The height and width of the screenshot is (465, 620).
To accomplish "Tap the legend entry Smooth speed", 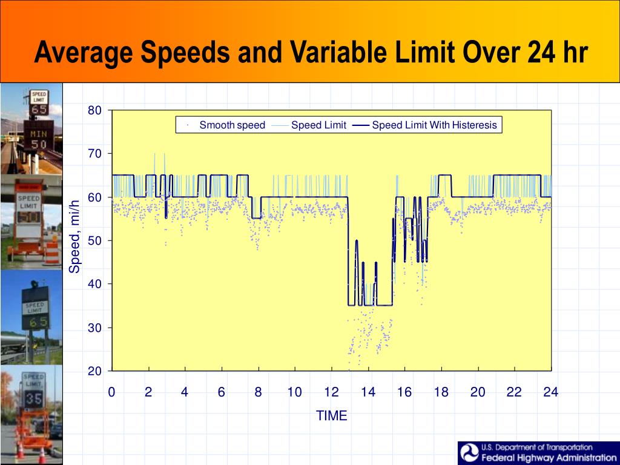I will click(x=232, y=125).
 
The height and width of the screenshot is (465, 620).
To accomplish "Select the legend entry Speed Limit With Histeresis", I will click(x=434, y=125).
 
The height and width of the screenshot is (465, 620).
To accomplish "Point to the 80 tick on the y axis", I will click(x=95, y=110).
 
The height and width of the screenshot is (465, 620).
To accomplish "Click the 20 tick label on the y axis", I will click(x=95, y=371).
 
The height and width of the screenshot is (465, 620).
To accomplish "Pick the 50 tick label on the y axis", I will click(x=95, y=241).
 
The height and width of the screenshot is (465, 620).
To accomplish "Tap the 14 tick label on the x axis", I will click(x=368, y=392).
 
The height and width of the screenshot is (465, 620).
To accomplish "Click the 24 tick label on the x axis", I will click(x=550, y=392).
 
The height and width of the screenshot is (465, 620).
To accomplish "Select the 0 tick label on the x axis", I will click(x=112, y=392).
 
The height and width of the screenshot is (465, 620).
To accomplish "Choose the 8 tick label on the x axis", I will click(x=258, y=392).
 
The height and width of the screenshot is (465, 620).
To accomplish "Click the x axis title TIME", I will click(x=332, y=416).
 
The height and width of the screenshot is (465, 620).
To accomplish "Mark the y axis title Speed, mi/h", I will click(x=74, y=236).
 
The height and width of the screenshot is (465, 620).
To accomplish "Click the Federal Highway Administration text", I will click(x=549, y=458).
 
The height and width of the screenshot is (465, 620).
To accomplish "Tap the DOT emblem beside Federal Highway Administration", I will click(x=469, y=453).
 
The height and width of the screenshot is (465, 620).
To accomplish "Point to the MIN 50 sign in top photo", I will click(x=38, y=138).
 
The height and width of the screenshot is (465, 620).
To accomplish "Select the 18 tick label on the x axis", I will click(x=441, y=392).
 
